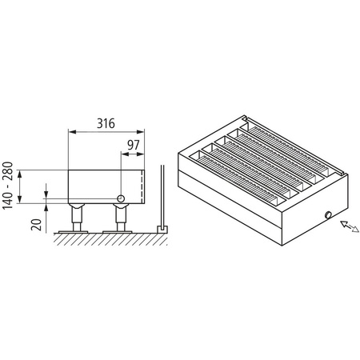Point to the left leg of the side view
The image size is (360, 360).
pos(77,216)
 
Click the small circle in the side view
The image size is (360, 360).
pos(120,198)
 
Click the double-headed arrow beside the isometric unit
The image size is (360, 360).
pos(349,226)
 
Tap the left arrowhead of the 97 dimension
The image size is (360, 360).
pos(123,154)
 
